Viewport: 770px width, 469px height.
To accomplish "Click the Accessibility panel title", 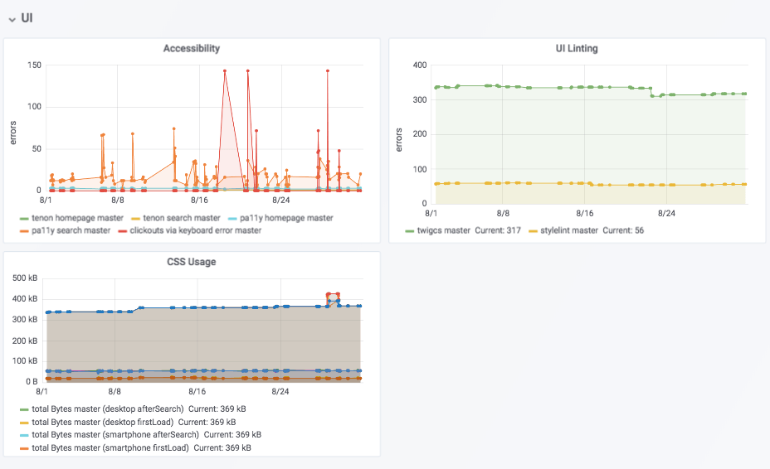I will point(192,48).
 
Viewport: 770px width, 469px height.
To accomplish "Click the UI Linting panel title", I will point(577,48).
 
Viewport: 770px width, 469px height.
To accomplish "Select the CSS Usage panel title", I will point(192,263).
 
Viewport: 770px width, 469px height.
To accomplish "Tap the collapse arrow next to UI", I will point(12,18).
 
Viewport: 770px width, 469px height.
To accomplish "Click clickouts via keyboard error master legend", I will point(195,230).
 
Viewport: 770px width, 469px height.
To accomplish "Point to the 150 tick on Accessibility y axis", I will point(34,65).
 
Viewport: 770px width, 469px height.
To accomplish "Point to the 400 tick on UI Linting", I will point(419,65).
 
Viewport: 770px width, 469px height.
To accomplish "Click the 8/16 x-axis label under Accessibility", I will point(199,200).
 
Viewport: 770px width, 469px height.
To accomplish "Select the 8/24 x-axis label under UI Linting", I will point(666,212).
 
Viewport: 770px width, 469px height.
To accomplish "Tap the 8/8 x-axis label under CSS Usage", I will point(117,391).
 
